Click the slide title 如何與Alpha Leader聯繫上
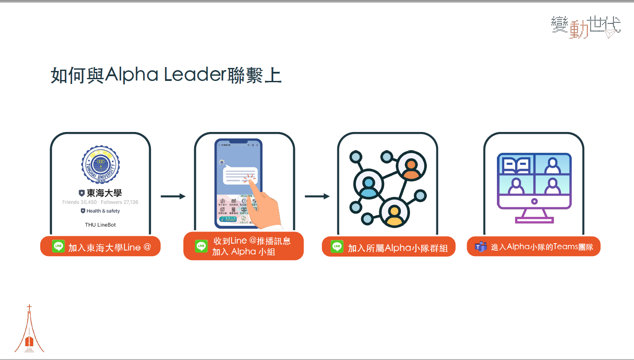pos(166,75)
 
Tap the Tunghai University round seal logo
pos(101,164)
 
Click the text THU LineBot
pos(100,225)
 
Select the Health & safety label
pos(103,211)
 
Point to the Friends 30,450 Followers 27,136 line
pos(100,202)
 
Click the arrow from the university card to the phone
pos(173,196)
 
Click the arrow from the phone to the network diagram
pos(317,196)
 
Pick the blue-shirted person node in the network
pos(368,185)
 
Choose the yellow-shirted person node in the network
pos(394,213)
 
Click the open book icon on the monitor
pos(516,165)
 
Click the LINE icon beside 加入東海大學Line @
pos(58,246)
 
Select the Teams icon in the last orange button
pos(481,247)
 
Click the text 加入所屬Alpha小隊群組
pos(397,248)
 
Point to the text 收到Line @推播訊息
pos(252,241)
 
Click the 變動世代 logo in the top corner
pos(586,27)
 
